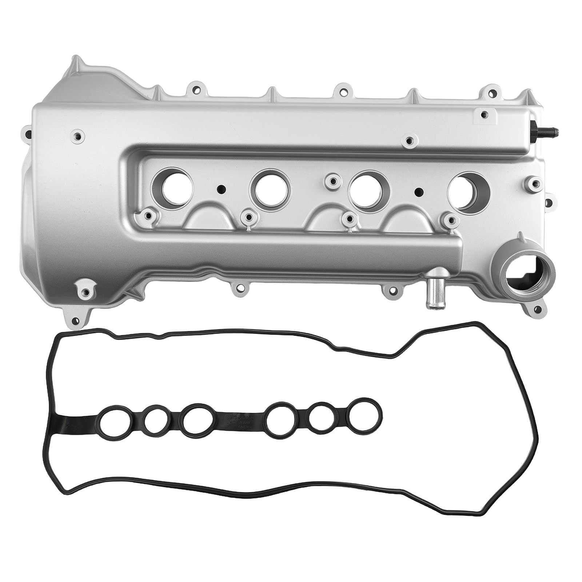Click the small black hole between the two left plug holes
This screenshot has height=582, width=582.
220,190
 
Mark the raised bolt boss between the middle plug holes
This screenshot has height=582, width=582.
331,179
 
